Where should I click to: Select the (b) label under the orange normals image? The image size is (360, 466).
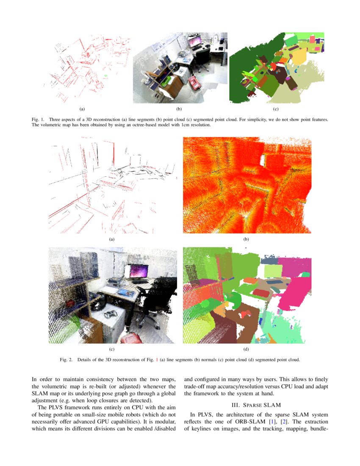click(x=246, y=239)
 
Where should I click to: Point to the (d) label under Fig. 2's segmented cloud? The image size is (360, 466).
click(x=246, y=349)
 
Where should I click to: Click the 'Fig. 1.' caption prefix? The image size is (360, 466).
click(x=39, y=119)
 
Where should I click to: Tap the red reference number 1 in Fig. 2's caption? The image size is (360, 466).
click(x=157, y=360)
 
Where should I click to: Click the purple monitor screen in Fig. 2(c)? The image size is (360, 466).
click(x=139, y=271)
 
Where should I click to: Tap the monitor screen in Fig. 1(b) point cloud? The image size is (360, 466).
click(x=195, y=42)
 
